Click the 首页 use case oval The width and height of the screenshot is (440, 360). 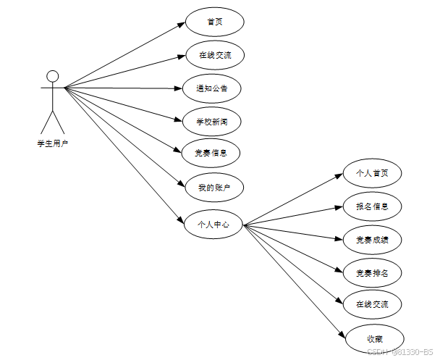click(x=215, y=22)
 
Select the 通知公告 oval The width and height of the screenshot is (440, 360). click(x=211, y=88)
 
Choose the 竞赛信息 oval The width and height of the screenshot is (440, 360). click(x=211, y=153)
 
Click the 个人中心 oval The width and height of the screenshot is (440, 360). click(x=213, y=225)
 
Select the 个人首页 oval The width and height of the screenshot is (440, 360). click(x=372, y=174)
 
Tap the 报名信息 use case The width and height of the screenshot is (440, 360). click(x=372, y=206)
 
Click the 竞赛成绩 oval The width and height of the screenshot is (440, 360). click(x=372, y=238)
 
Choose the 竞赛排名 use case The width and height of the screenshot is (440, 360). click(x=372, y=272)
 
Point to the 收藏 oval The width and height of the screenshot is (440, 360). click(x=374, y=338)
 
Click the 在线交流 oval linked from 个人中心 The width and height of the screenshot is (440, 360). click(x=372, y=304)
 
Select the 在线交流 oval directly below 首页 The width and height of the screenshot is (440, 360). click(x=214, y=54)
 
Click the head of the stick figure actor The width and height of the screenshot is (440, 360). click(x=52, y=75)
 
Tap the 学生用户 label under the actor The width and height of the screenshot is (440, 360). click(x=52, y=144)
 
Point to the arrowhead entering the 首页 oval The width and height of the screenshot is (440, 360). click(x=182, y=25)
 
